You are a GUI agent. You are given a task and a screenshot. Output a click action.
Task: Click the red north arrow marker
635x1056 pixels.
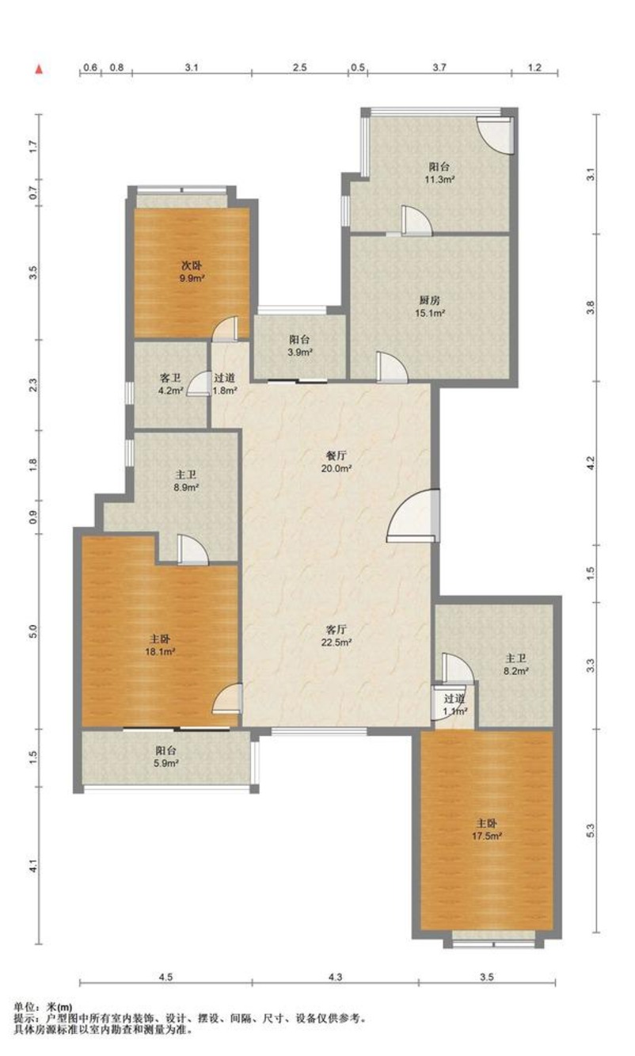pos(40,69)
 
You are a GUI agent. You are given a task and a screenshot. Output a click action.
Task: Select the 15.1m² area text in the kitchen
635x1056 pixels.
pos(430,313)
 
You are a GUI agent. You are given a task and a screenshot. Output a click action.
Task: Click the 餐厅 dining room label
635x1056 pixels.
pos(337,456)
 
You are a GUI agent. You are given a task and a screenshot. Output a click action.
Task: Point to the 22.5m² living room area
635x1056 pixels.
pos(337,642)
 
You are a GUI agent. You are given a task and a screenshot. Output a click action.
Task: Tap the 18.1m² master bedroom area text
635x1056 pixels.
pos(160,652)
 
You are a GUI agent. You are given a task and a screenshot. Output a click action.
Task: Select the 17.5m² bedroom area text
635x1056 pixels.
pos(487,837)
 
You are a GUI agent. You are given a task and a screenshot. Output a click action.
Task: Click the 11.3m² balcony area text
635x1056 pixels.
pos(439,179)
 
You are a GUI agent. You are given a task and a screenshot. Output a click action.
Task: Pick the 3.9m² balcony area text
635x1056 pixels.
pos(299,352)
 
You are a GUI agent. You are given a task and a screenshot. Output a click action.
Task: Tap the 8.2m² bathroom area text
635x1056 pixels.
pos(515,671)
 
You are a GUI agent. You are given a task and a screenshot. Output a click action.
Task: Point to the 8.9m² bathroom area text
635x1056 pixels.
pos(186,487)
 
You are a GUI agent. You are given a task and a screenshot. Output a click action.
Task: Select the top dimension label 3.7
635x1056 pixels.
pos(439,67)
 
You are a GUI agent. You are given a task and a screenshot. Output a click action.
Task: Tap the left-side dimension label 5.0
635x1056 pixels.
pos(32,631)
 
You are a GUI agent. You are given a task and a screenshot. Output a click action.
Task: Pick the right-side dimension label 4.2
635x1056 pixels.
pos(591,462)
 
